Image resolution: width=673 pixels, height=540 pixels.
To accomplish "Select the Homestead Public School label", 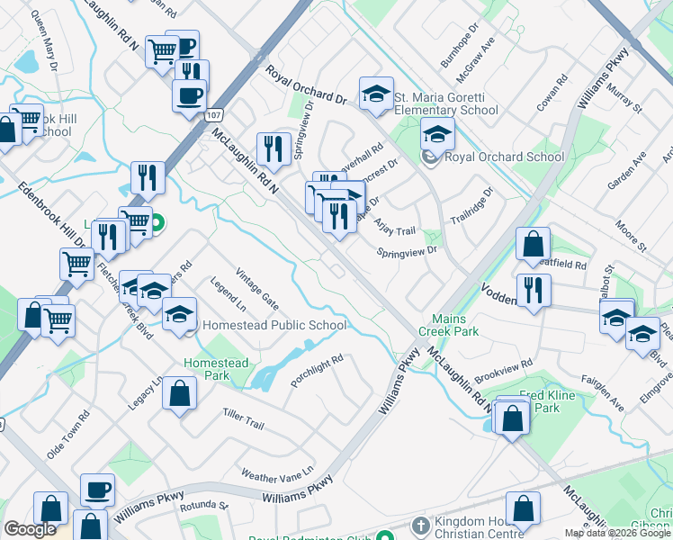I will (274, 325).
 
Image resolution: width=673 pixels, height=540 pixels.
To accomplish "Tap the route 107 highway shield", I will (213, 114).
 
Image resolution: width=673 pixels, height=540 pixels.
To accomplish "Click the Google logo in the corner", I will (30, 529).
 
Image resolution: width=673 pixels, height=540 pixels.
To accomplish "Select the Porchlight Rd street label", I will (317, 371).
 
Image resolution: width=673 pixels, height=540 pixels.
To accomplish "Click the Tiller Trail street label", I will (242, 418).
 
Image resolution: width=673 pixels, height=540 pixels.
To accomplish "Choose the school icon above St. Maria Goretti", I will (376, 94).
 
